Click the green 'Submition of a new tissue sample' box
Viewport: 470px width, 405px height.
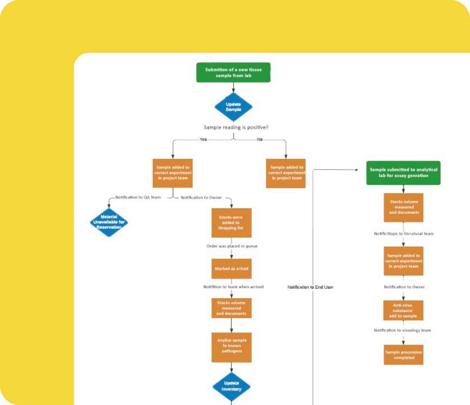pyautogui.click(x=233, y=73)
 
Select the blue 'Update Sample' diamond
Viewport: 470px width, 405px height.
pyautogui.click(x=233, y=107)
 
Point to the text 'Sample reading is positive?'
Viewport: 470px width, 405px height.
pyautogui.click(x=236, y=127)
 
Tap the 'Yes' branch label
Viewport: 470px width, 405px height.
pyautogui.click(x=203, y=139)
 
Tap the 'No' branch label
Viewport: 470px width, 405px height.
pyautogui.click(x=260, y=139)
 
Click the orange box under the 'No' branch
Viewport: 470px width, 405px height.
pyautogui.click(x=286, y=173)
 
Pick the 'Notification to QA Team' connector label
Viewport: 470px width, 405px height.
pyautogui.click(x=138, y=197)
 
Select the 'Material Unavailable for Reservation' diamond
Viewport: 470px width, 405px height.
pyautogui.click(x=109, y=222)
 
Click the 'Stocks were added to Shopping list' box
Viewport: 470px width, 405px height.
pyautogui.click(x=231, y=223)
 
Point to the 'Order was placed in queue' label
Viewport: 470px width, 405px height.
pyautogui.click(x=232, y=246)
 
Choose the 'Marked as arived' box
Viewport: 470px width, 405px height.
pyautogui.click(x=231, y=269)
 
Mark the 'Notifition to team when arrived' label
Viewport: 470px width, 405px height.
pyautogui.click(x=233, y=287)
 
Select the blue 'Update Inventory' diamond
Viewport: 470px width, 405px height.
pyautogui.click(x=231, y=386)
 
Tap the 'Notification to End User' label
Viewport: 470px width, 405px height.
pyautogui.click(x=310, y=287)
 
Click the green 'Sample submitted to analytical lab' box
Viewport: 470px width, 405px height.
pyautogui.click(x=403, y=173)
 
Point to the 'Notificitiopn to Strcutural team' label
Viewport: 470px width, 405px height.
pyautogui.click(x=403, y=234)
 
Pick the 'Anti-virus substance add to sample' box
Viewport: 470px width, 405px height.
pyautogui.click(x=403, y=310)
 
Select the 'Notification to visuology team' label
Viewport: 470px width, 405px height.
pyautogui.click(x=402, y=330)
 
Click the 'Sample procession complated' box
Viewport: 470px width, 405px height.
pyautogui.click(x=403, y=355)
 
